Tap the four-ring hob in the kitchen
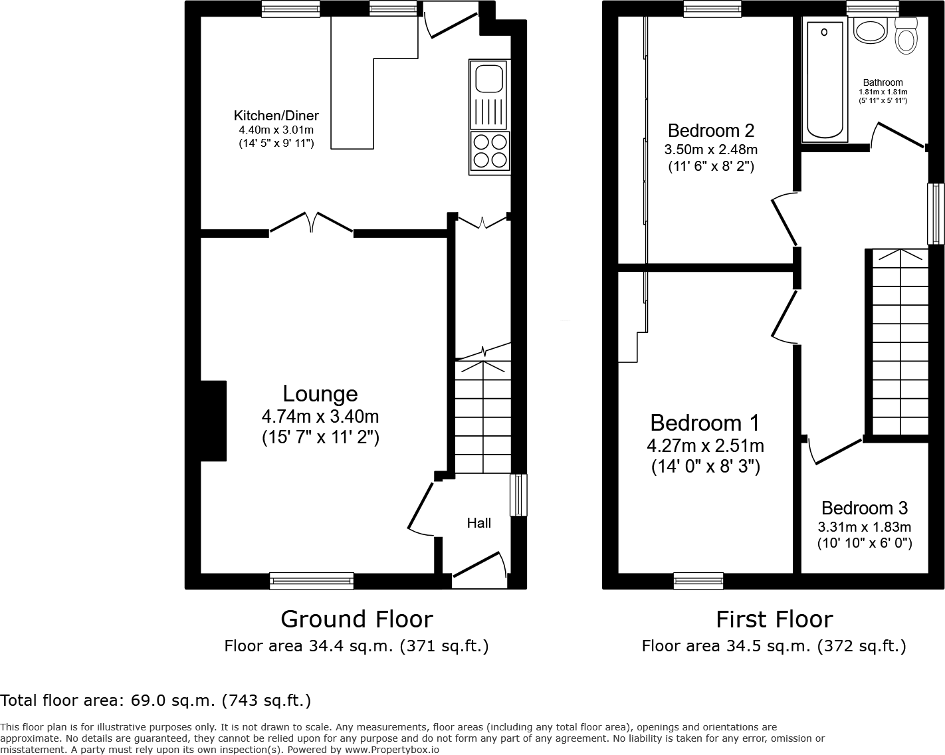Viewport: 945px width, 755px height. [x=490, y=152]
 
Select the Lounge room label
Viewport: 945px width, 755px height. [x=320, y=393]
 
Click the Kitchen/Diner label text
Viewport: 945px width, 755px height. [x=276, y=116]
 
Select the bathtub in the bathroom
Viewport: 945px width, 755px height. [x=825, y=80]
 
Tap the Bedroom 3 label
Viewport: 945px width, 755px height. [x=864, y=508]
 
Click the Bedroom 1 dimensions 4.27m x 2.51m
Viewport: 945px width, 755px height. [x=705, y=445]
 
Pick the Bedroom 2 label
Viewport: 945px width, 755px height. [x=711, y=130]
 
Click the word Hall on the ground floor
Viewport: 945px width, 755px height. [x=478, y=523]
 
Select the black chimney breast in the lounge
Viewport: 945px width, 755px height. [x=213, y=421]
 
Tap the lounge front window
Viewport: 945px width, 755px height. [x=312, y=581]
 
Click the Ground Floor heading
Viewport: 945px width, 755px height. [x=357, y=619]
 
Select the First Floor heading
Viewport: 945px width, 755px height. [x=774, y=619]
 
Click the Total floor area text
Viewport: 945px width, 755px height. [x=156, y=700]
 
